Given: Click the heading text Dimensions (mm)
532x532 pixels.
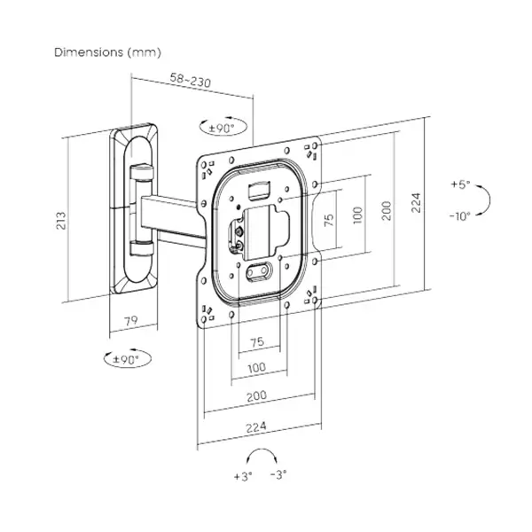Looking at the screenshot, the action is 107,52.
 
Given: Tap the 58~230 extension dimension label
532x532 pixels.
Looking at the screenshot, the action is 191,80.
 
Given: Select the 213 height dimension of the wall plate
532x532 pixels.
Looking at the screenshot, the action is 61,221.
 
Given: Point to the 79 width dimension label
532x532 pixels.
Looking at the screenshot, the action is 131,321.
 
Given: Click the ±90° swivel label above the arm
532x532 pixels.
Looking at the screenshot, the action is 222,129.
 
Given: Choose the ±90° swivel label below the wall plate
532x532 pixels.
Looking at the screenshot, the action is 126,359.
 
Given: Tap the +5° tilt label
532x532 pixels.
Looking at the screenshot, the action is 460,184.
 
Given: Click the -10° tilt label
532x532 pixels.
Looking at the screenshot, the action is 460,215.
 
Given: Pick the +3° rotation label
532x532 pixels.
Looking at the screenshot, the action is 243,476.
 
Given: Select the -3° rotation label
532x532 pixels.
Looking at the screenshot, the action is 278,474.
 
